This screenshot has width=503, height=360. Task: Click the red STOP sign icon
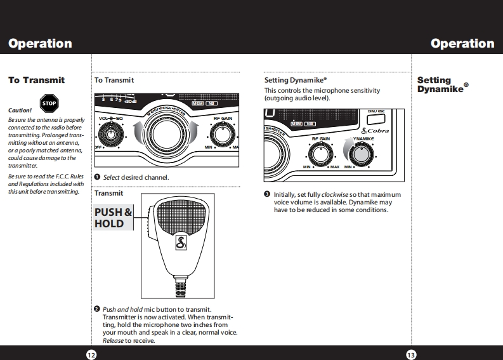pos(49,103)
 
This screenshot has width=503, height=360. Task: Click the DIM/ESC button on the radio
pos(376,119)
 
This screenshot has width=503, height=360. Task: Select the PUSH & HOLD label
pos(114,218)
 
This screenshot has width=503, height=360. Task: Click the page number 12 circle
pos(91,354)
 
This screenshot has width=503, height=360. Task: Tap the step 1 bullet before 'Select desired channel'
pos(97,177)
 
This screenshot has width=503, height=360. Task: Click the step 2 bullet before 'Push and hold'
pos(97,309)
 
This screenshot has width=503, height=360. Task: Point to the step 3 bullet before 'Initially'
pos(268,194)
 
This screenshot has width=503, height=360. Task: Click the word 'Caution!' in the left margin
pos(20,110)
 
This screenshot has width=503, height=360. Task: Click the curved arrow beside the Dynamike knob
pos(346,149)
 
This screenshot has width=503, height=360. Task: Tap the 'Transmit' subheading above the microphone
pos(108,192)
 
